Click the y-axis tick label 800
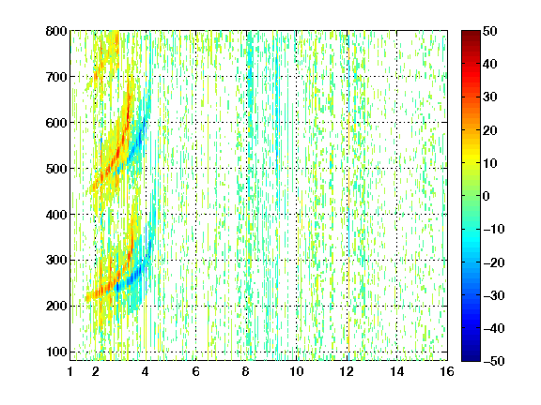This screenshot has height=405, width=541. (x=56, y=31)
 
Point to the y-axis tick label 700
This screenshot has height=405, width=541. (x=56, y=77)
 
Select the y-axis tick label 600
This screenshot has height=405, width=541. (x=56, y=123)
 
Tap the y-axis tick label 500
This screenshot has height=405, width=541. (x=56, y=169)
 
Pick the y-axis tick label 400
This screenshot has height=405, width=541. (x=56, y=215)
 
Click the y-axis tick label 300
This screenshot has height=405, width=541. (x=56, y=261)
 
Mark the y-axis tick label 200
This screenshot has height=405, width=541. (x=56, y=307)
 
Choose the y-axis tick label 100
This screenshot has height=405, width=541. (x=56, y=352)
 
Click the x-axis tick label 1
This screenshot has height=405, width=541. (x=70, y=371)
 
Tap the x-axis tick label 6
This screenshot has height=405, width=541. (x=196, y=371)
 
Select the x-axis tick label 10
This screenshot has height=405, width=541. (x=297, y=371)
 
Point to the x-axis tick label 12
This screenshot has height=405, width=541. (x=347, y=371)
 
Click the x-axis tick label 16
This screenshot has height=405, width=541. (x=447, y=371)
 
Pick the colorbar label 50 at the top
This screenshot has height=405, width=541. (x=490, y=31)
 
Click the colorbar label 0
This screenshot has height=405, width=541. (x=487, y=196)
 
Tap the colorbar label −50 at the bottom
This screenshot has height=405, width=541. (x=494, y=361)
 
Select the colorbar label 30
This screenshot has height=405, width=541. (x=490, y=97)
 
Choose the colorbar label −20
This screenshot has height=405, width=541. (x=494, y=262)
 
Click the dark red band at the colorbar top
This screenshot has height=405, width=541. (x=471, y=37)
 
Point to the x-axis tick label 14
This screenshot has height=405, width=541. (x=397, y=371)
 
